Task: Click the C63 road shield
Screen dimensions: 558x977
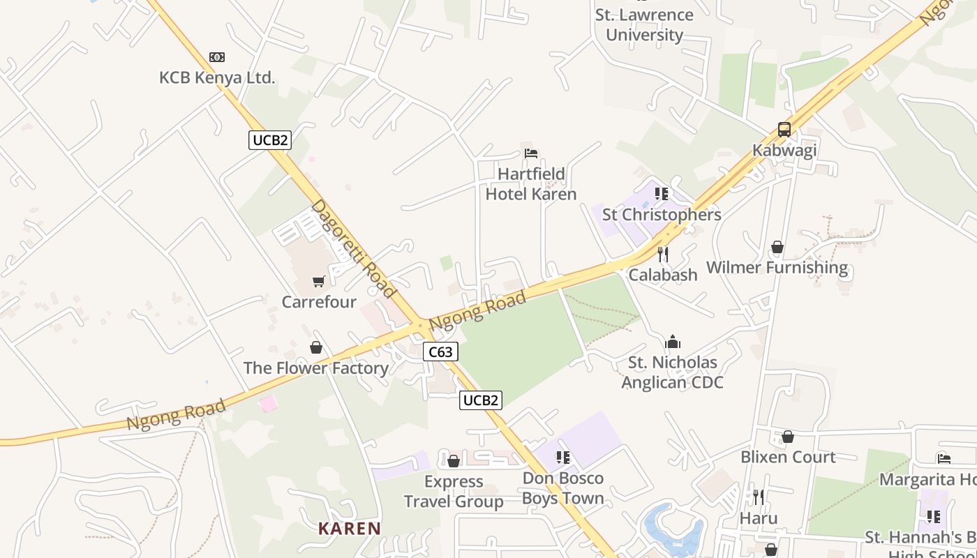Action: click(x=440, y=352)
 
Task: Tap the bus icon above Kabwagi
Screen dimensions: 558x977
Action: click(x=784, y=130)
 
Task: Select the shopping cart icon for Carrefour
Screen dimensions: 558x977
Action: click(x=319, y=281)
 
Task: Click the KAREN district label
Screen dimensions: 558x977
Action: click(x=350, y=529)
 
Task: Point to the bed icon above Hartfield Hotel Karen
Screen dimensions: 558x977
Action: click(x=531, y=153)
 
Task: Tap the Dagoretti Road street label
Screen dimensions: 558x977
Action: click(x=353, y=248)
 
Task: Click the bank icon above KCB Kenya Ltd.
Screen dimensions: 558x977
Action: click(x=217, y=57)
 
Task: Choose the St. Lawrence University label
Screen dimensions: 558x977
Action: click(x=644, y=25)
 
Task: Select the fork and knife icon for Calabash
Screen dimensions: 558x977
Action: click(x=663, y=255)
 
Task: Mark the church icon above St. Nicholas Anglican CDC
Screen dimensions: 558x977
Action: click(x=673, y=342)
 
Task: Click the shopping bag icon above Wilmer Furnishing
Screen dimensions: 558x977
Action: click(x=777, y=248)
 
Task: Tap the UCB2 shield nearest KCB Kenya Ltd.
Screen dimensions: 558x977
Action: click(x=270, y=140)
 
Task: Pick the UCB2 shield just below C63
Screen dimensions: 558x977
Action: click(x=481, y=400)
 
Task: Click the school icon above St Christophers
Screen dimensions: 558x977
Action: click(x=662, y=194)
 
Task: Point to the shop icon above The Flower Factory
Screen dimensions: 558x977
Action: click(x=316, y=347)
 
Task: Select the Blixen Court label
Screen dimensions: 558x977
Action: click(x=788, y=457)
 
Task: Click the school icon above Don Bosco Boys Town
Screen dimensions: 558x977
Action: click(x=563, y=458)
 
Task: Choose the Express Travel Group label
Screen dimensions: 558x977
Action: click(x=454, y=492)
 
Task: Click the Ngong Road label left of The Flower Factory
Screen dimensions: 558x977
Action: click(x=176, y=414)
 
